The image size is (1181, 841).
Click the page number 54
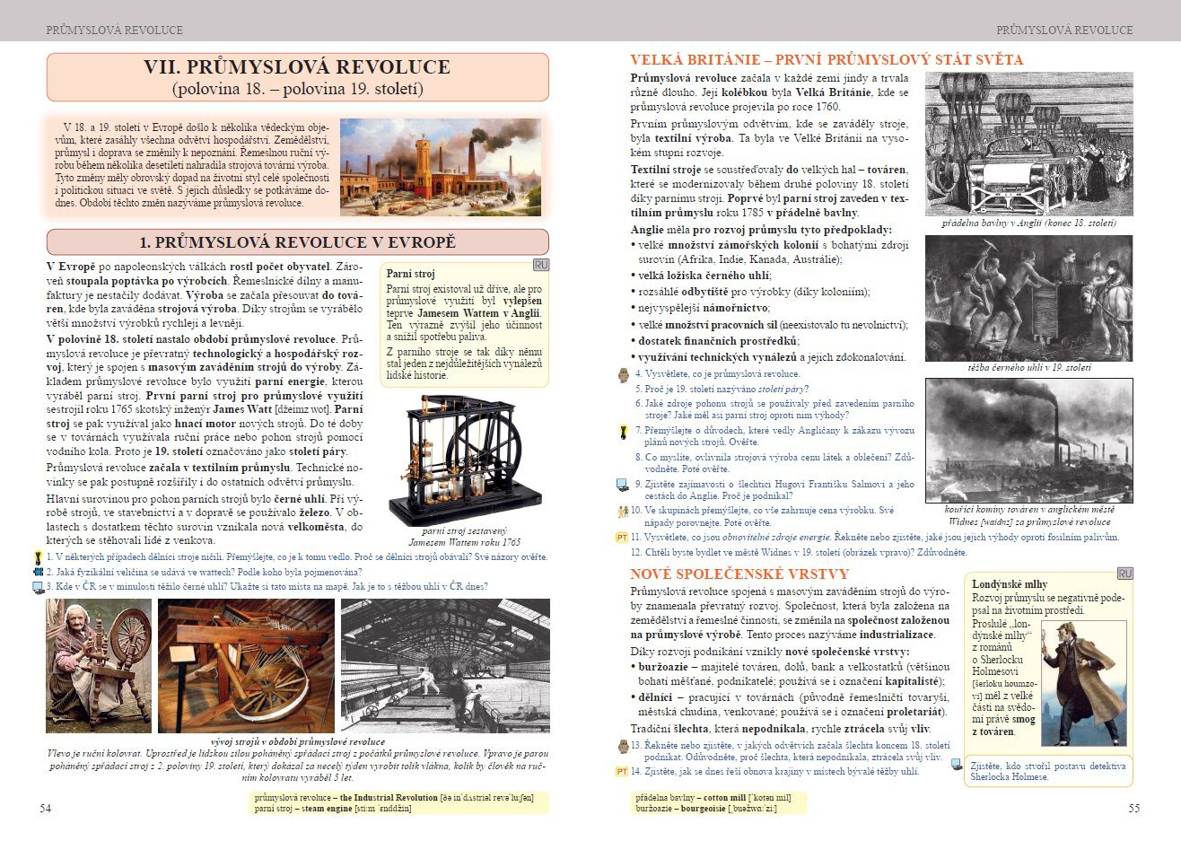point(46,809)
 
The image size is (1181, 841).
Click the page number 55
point(1134,809)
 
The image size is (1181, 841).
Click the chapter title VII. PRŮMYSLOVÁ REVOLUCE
point(297,67)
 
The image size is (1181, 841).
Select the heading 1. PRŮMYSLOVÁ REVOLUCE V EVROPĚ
point(297,242)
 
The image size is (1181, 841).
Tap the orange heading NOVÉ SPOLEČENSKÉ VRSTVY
point(739,574)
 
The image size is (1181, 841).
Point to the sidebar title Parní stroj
point(410,274)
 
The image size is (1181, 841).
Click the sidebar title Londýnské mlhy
point(1009,584)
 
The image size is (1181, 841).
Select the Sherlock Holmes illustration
point(1081,682)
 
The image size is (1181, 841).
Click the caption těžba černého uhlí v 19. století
point(1028,368)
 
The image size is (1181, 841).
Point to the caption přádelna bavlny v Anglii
point(1028,223)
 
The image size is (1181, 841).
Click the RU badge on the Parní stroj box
point(539,266)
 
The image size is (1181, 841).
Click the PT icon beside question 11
point(621,538)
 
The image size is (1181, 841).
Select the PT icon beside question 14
point(621,771)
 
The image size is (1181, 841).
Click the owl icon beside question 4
point(624,373)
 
